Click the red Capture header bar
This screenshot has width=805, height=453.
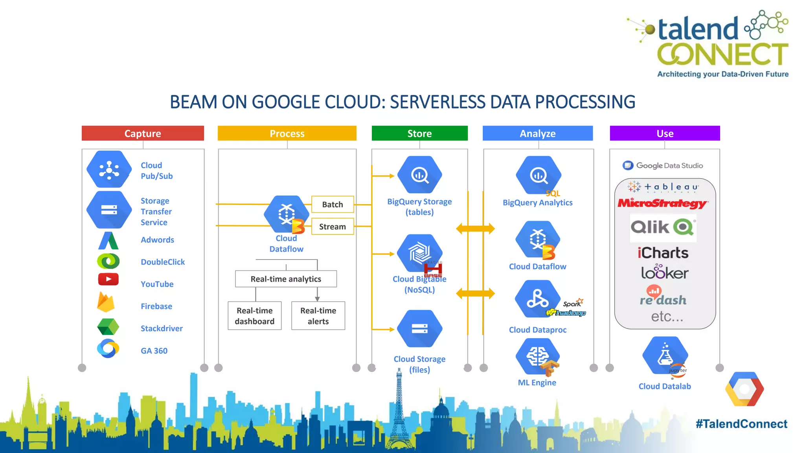(x=143, y=133)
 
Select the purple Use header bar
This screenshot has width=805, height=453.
(x=665, y=133)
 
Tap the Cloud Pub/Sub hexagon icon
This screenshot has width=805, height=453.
(x=109, y=169)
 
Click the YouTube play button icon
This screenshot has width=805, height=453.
(x=108, y=279)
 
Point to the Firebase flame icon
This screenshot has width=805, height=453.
(x=106, y=302)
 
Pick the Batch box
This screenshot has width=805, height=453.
(x=333, y=204)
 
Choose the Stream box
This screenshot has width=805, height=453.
(x=333, y=226)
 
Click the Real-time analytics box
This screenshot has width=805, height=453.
(x=286, y=279)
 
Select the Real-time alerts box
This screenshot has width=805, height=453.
(x=318, y=316)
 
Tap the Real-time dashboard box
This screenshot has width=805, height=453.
(x=255, y=316)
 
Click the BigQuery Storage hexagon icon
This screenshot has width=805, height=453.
(x=419, y=175)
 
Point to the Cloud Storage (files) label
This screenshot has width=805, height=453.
(x=419, y=364)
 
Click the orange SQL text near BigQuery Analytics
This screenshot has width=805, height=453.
(x=553, y=193)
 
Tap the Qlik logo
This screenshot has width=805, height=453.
(x=663, y=227)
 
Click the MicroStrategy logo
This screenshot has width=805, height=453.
(x=663, y=203)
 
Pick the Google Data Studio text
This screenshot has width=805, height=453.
(x=669, y=166)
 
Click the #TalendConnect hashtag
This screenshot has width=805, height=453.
(x=741, y=424)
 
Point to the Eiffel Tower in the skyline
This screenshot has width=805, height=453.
(x=399, y=409)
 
